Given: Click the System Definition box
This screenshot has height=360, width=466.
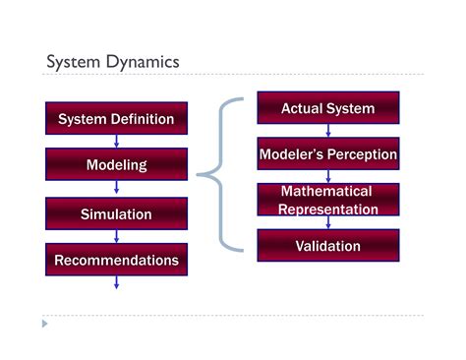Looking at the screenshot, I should [116, 119].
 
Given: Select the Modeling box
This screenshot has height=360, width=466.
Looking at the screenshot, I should [116, 165].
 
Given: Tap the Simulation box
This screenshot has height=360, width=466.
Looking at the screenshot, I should [116, 213].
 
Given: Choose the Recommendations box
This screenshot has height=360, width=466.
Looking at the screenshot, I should [116, 261].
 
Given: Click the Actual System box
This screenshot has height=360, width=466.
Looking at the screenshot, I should [327, 108].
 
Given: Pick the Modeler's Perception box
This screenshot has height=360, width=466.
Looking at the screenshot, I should [327, 154].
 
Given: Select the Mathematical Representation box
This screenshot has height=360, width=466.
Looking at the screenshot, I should [327, 200].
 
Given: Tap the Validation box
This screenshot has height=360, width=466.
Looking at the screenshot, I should [327, 246].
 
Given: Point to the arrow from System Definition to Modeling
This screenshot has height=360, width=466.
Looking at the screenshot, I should [116, 142].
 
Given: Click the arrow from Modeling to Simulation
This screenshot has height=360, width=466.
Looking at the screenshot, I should [116, 189].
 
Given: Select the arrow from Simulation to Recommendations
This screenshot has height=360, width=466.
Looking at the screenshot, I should [116, 237].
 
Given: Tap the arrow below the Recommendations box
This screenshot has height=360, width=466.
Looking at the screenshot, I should [116, 282].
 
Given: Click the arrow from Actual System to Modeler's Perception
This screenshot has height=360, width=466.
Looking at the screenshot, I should [327, 131].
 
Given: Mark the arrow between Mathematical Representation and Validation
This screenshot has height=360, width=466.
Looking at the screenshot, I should [327, 222].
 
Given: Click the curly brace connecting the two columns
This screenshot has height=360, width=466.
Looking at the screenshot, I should [218, 175].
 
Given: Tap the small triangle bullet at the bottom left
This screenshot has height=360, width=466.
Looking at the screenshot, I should [43, 323].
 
